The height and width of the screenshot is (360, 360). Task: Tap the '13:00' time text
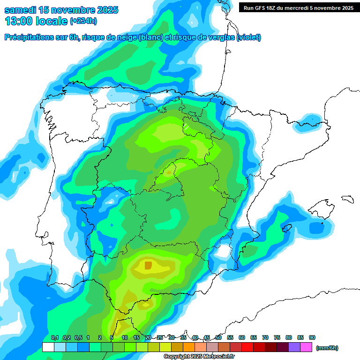click(x=18, y=21)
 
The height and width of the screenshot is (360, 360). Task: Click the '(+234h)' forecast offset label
click(x=83, y=21)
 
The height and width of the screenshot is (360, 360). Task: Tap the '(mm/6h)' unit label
click(x=327, y=348)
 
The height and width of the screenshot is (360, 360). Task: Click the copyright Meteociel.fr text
click(x=199, y=357)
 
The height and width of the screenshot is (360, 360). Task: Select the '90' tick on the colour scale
click(x=312, y=338)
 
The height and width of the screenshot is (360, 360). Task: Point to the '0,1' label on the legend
click(x=55, y=338)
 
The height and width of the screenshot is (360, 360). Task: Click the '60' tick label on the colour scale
click(x=242, y=338)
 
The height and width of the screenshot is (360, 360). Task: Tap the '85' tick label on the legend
click(x=300, y=338)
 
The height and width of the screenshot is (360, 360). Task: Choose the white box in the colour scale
click(x=48, y=347)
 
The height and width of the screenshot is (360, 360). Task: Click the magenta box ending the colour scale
click(x=306, y=347)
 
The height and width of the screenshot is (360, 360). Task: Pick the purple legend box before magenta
click(x=294, y=347)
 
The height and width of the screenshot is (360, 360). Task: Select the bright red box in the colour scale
click(x=247, y=347)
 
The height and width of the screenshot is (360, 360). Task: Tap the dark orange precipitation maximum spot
click(x=148, y=266)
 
